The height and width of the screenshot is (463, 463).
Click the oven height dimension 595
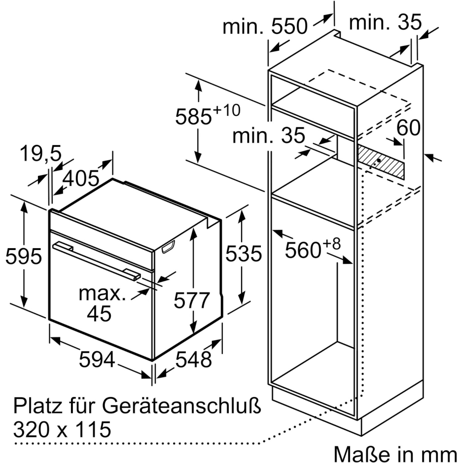click(x=24, y=257)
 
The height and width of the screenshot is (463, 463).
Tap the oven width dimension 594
click(x=97, y=359)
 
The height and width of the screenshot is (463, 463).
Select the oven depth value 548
click(x=193, y=359)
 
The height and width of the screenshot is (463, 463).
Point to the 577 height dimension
click(x=193, y=300)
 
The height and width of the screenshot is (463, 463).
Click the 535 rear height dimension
click(x=244, y=254)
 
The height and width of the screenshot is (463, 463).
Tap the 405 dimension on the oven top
click(x=80, y=179)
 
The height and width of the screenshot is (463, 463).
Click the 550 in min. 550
click(x=289, y=27)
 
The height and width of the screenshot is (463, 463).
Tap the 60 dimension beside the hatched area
click(x=408, y=129)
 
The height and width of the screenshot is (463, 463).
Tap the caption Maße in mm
click(x=395, y=453)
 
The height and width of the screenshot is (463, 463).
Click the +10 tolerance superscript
click(x=227, y=110)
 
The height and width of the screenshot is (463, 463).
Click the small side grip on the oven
click(x=168, y=246)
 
